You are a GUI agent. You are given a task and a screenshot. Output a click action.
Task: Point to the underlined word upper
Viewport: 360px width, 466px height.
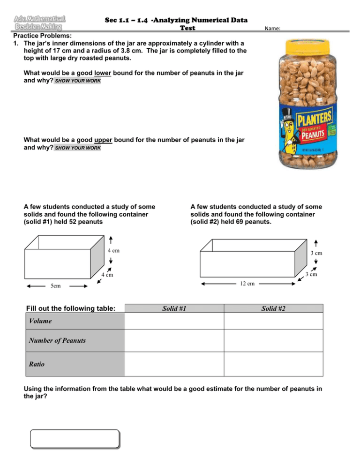pyautogui.click(x=104, y=140)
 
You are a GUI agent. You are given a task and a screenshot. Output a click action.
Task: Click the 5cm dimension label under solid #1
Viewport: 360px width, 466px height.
pyautogui.click(x=55, y=286)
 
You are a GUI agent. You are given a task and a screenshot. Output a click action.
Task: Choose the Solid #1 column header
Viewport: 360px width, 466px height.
pyautogui.click(x=174, y=308)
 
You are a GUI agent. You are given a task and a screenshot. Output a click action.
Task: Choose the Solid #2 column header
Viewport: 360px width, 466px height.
pyautogui.click(x=273, y=308)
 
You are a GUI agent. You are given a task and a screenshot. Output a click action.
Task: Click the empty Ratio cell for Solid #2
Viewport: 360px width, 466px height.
pyautogui.click(x=273, y=364)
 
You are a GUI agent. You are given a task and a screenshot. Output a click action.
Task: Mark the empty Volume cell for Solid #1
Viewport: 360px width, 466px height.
pyautogui.click(x=174, y=321)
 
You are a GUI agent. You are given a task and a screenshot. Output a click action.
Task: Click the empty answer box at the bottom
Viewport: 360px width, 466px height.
pyautogui.click(x=75, y=439)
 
